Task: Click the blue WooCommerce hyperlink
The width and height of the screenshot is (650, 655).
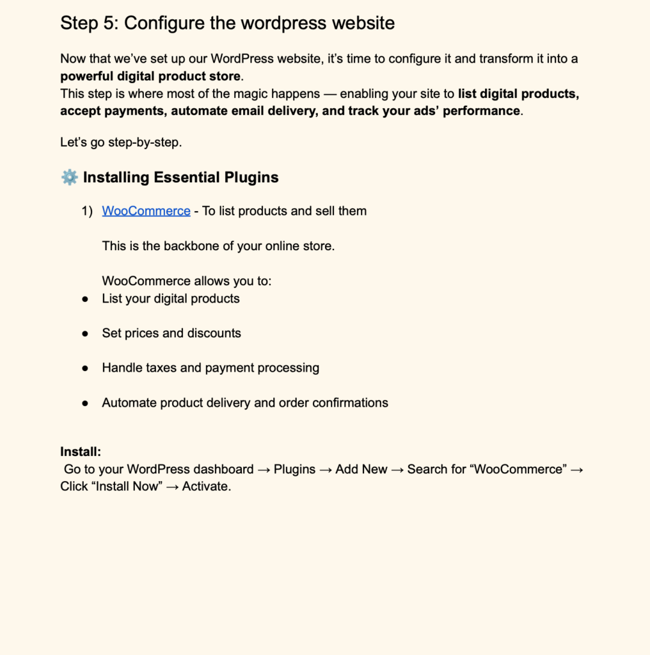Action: pyautogui.click(x=146, y=211)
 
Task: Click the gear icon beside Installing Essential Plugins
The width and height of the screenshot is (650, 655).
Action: pyautogui.click(x=69, y=177)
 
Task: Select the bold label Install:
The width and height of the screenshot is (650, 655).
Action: pyautogui.click(x=81, y=452)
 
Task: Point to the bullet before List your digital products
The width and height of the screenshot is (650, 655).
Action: pyautogui.click(x=85, y=299)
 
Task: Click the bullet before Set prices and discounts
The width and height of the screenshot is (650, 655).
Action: pyautogui.click(x=85, y=334)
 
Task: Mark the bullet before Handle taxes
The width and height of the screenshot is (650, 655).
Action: pyautogui.click(x=85, y=368)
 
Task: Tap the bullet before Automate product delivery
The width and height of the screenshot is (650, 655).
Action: pyautogui.click(x=85, y=404)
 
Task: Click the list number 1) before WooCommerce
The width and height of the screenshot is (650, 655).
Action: pyautogui.click(x=87, y=211)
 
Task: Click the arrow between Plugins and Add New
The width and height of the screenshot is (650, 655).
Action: pyautogui.click(x=325, y=470)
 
